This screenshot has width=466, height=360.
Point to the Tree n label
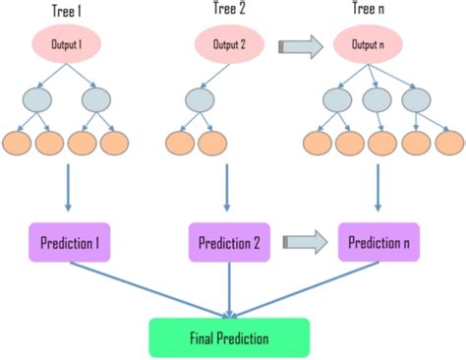(x=378, y=11)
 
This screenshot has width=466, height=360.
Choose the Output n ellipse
(x=378, y=45)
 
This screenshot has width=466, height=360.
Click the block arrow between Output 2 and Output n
(x=299, y=45)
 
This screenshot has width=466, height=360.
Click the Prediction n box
(x=378, y=241)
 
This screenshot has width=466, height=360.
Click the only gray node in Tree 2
(x=201, y=101)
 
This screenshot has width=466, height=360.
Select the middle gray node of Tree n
(x=378, y=101)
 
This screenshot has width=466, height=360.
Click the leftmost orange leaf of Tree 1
(x=17, y=144)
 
